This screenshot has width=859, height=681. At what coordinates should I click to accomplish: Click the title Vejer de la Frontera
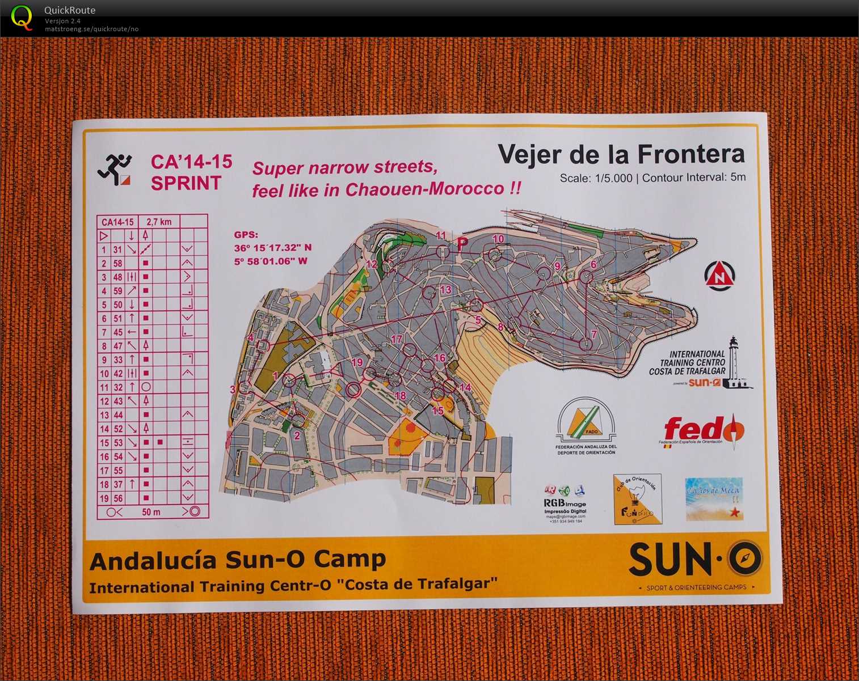tap(621, 154)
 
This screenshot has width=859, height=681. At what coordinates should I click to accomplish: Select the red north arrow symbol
tap(719, 276)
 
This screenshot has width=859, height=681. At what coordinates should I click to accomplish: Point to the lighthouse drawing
tap(735, 363)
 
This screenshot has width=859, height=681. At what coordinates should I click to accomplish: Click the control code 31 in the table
tap(117, 249)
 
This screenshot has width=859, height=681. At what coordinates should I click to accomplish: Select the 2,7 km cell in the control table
tap(159, 222)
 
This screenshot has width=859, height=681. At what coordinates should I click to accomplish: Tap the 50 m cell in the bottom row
tap(151, 512)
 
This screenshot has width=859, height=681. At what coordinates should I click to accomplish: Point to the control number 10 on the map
tap(498, 239)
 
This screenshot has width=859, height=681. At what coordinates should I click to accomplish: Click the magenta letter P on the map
tap(463, 244)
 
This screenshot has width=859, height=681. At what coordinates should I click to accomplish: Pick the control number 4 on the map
tap(251, 338)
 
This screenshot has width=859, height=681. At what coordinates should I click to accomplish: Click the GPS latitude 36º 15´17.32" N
tap(273, 248)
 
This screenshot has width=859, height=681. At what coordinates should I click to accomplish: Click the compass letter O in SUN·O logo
tap(745, 559)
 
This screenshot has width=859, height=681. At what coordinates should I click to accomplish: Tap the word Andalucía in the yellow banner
tap(153, 561)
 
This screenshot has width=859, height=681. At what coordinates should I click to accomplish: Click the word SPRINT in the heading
tap(186, 183)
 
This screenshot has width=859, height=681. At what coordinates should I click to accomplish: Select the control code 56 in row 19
tap(117, 498)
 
